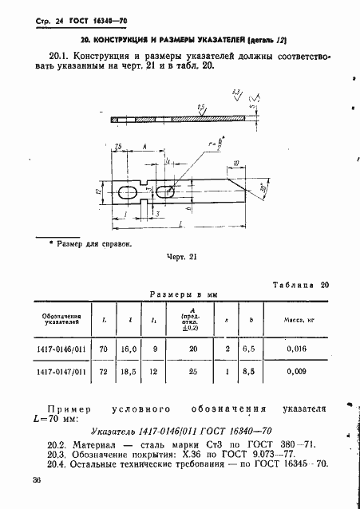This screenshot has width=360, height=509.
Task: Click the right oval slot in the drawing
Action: [165, 192]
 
